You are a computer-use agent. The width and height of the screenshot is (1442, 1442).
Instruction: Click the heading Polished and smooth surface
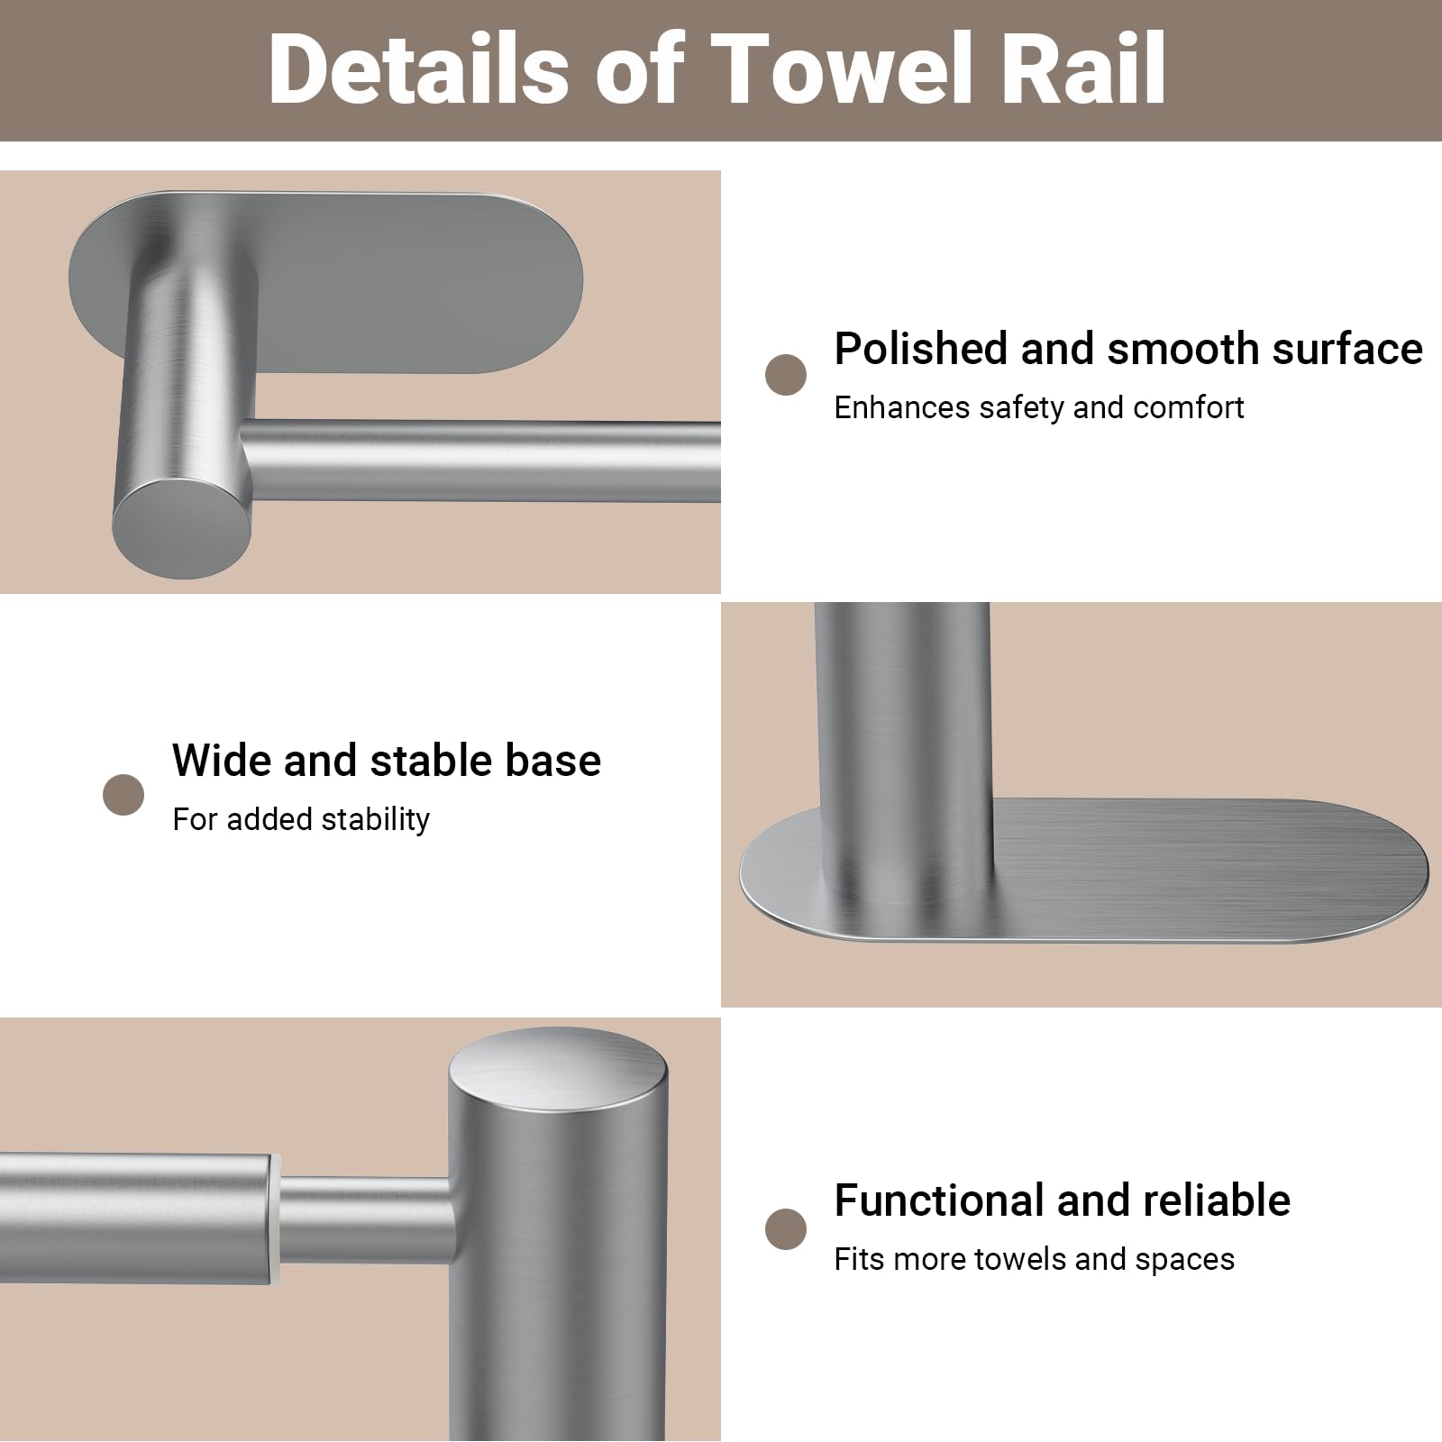pyautogui.click(x=1128, y=349)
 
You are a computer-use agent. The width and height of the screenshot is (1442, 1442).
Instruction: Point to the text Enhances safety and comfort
pyautogui.click(x=1038, y=407)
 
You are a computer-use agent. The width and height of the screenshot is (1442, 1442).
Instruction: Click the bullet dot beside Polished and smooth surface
pyautogui.click(x=786, y=375)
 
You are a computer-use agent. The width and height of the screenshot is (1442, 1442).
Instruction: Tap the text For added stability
pyautogui.click(x=301, y=819)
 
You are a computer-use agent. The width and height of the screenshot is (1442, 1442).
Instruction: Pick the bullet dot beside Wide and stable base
pyautogui.click(x=123, y=795)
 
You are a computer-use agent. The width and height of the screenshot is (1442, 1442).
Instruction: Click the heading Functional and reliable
pyautogui.click(x=1063, y=1200)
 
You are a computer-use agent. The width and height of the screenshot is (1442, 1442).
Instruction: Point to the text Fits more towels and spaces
pyautogui.click(x=1034, y=1259)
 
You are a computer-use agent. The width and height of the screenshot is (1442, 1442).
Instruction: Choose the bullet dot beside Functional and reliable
pyautogui.click(x=786, y=1230)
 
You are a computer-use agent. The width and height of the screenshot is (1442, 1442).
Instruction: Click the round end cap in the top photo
pyautogui.click(x=181, y=528)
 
